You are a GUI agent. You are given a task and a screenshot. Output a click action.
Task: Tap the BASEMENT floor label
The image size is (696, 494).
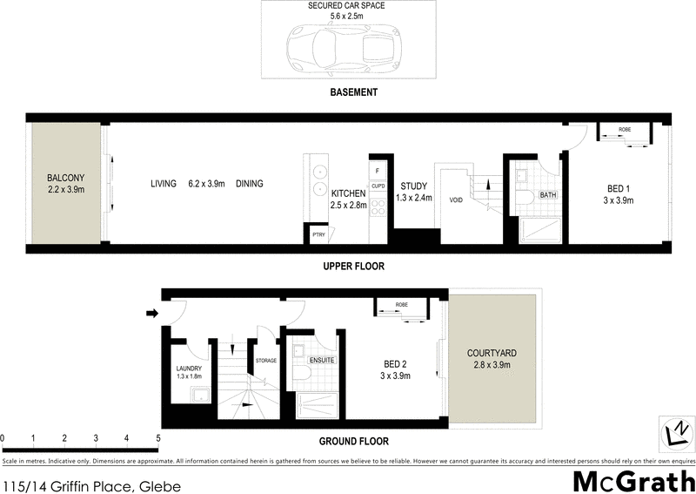(x=353, y=92)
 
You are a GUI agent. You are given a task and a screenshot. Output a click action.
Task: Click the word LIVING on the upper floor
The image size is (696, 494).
(x=164, y=184)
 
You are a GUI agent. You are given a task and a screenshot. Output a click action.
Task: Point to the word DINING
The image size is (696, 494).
(x=249, y=184)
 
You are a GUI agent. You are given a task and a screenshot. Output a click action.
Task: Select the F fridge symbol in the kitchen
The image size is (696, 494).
(x=377, y=171)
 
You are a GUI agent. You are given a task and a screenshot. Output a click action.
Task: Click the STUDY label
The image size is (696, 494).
(x=413, y=186)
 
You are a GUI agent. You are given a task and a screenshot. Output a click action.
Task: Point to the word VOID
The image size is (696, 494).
(x=456, y=200)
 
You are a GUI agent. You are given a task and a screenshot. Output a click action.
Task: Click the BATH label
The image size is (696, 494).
(x=548, y=195)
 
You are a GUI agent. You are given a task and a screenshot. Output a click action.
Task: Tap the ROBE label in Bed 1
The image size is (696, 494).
(x=625, y=130)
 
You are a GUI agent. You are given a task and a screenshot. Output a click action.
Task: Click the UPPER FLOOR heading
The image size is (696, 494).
(x=353, y=266)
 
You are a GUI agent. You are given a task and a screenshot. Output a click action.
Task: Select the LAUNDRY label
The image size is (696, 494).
(x=189, y=369)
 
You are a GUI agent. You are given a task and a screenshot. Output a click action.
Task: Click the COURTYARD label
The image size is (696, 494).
(x=492, y=353)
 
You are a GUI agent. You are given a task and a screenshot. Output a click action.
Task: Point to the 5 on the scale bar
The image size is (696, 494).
(x=157, y=437)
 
